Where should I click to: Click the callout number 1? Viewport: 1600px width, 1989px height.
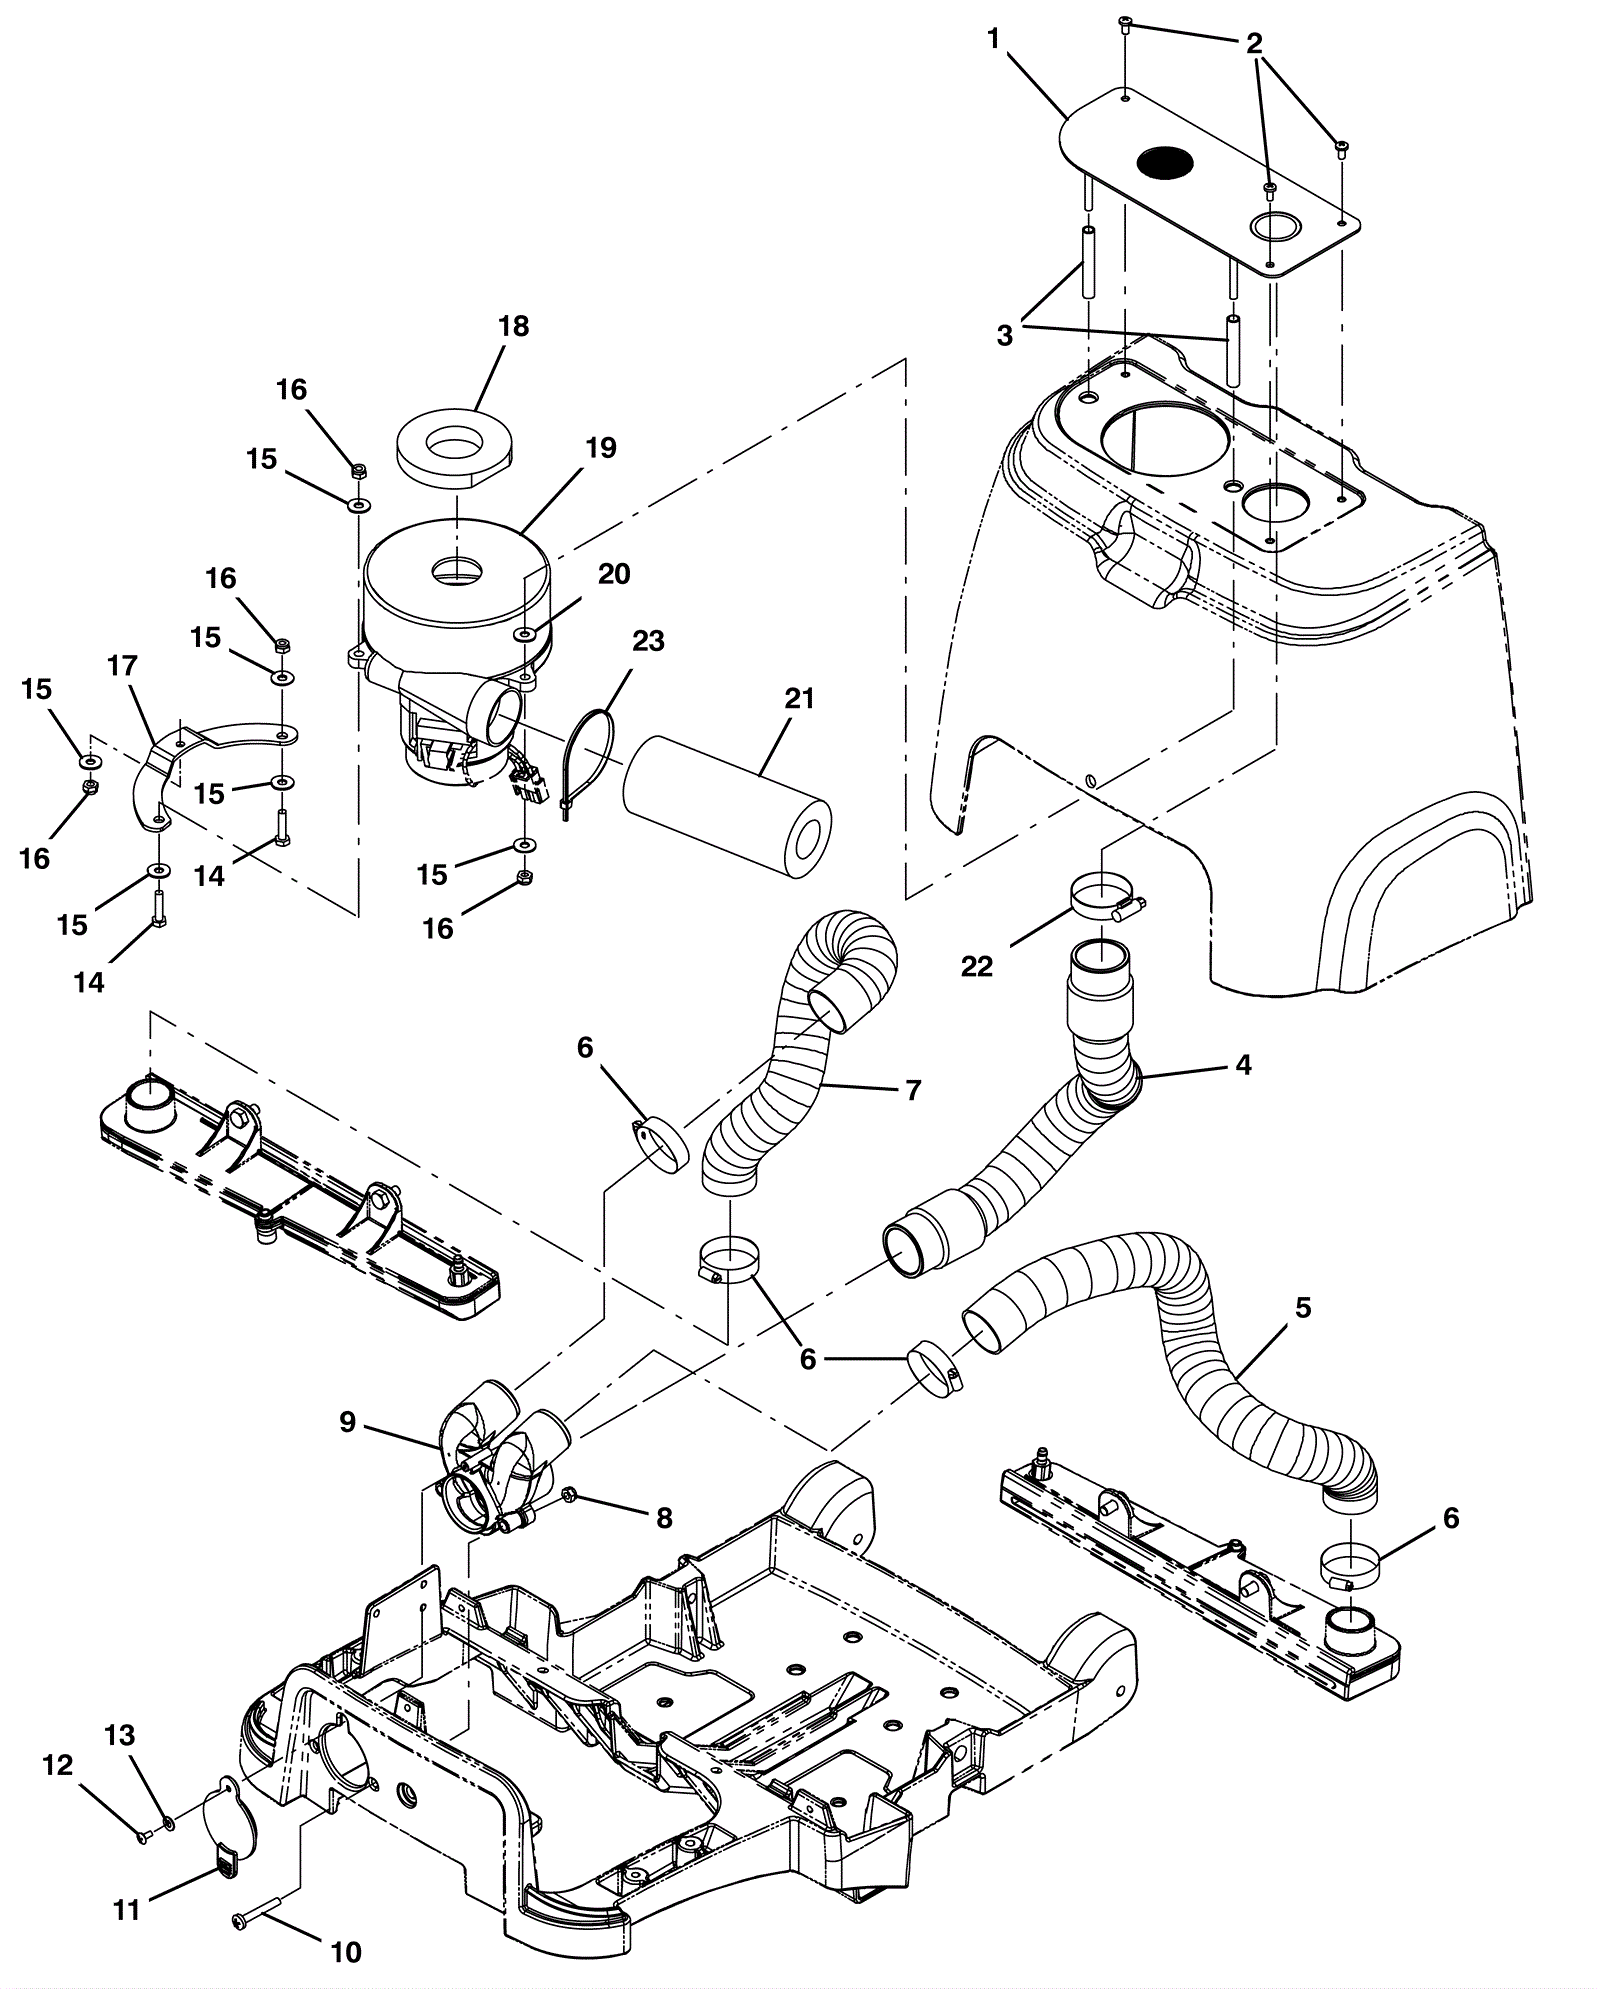pyautogui.click(x=993, y=39)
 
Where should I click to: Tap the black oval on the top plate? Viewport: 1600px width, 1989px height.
pyautogui.click(x=1166, y=161)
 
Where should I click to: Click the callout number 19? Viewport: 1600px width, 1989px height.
pyautogui.click(x=602, y=447)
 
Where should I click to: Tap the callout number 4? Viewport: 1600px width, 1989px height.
pyautogui.click(x=1243, y=1065)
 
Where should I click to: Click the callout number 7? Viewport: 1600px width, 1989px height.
pyautogui.click(x=912, y=1089)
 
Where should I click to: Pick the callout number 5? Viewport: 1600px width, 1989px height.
pyautogui.click(x=1303, y=1307)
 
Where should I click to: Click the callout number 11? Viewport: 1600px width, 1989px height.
pyautogui.click(x=126, y=1909)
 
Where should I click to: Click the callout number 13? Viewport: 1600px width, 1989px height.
pyautogui.click(x=120, y=1735)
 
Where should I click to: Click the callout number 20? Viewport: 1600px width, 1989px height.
pyautogui.click(x=614, y=574)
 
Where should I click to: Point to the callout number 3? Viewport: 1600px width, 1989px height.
pyautogui.click(x=1004, y=336)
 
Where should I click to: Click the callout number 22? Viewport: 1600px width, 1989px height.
pyautogui.click(x=977, y=966)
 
